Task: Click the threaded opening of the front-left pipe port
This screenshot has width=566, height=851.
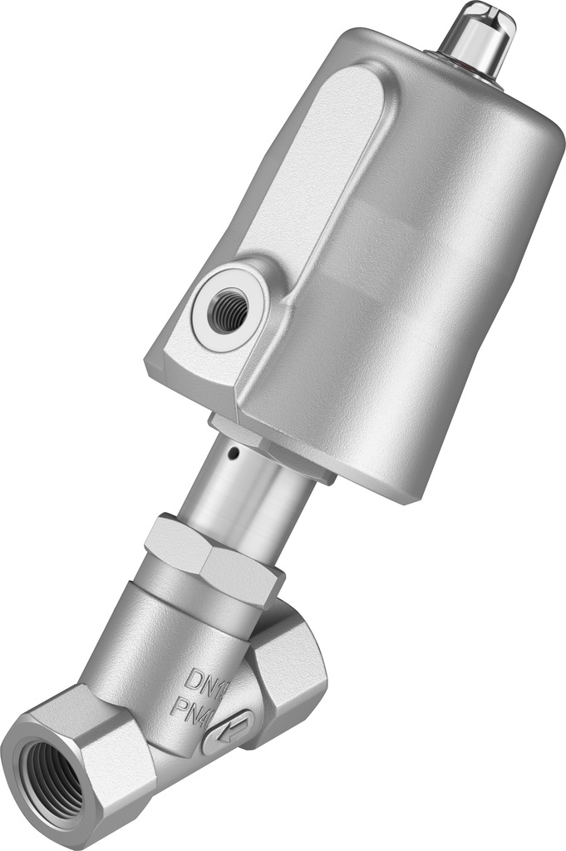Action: point(52,778)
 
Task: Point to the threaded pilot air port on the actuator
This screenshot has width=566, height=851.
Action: point(226,312)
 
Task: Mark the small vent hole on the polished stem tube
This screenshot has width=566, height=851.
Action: point(236,454)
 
